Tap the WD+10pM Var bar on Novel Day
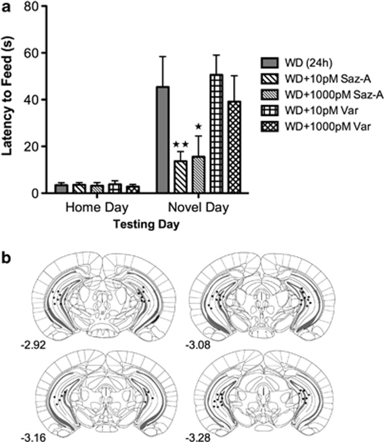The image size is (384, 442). coord(216,134)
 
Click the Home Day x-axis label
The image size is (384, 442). coord(88,207)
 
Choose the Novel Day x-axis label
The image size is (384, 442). coord(198,207)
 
